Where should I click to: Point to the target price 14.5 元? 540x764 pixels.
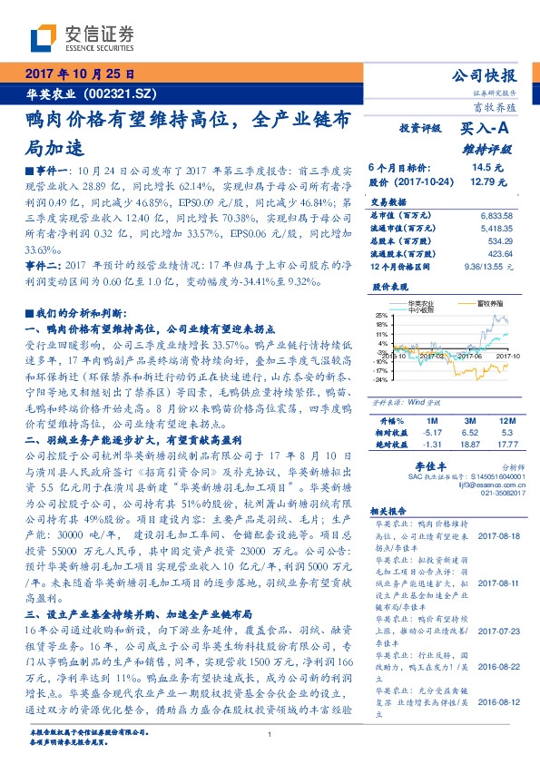pyautogui.click(x=480, y=168)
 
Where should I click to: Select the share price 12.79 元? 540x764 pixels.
pyautogui.click(x=480, y=181)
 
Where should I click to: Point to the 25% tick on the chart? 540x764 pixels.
pyautogui.click(x=382, y=314)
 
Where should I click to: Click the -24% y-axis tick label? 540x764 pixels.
pyautogui.click(x=381, y=379)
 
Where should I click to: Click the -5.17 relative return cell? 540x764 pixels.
pyautogui.click(x=432, y=433)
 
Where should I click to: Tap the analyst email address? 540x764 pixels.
pyautogui.click(x=479, y=485)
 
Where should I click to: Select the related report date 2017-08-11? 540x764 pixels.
pyautogui.click(x=496, y=583)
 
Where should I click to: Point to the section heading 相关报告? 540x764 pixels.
pyautogui.click(x=391, y=511)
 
